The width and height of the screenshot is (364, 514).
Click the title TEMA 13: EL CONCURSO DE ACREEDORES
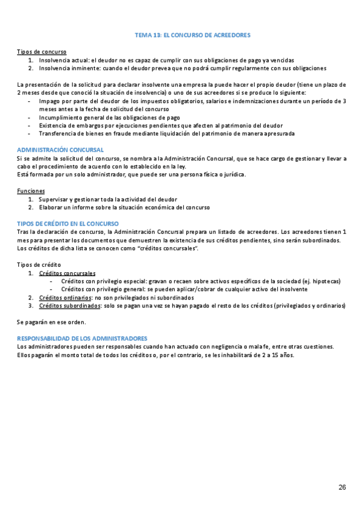tap(192, 36)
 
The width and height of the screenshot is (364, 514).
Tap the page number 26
tap(342, 488)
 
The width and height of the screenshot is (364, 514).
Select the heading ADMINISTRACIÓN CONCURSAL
tap(60, 150)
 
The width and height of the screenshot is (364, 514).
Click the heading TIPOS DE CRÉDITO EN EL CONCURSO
tap(67, 224)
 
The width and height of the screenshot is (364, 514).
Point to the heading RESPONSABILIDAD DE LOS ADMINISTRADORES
tap(82, 338)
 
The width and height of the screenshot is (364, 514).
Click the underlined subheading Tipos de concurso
tap(42, 52)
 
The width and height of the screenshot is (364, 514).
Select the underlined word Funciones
tap(31, 191)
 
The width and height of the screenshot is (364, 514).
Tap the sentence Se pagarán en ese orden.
tap(52, 322)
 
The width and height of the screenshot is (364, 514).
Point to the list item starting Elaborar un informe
tap(124, 207)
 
